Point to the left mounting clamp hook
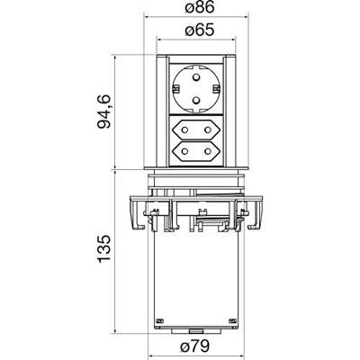coord(137,214)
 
